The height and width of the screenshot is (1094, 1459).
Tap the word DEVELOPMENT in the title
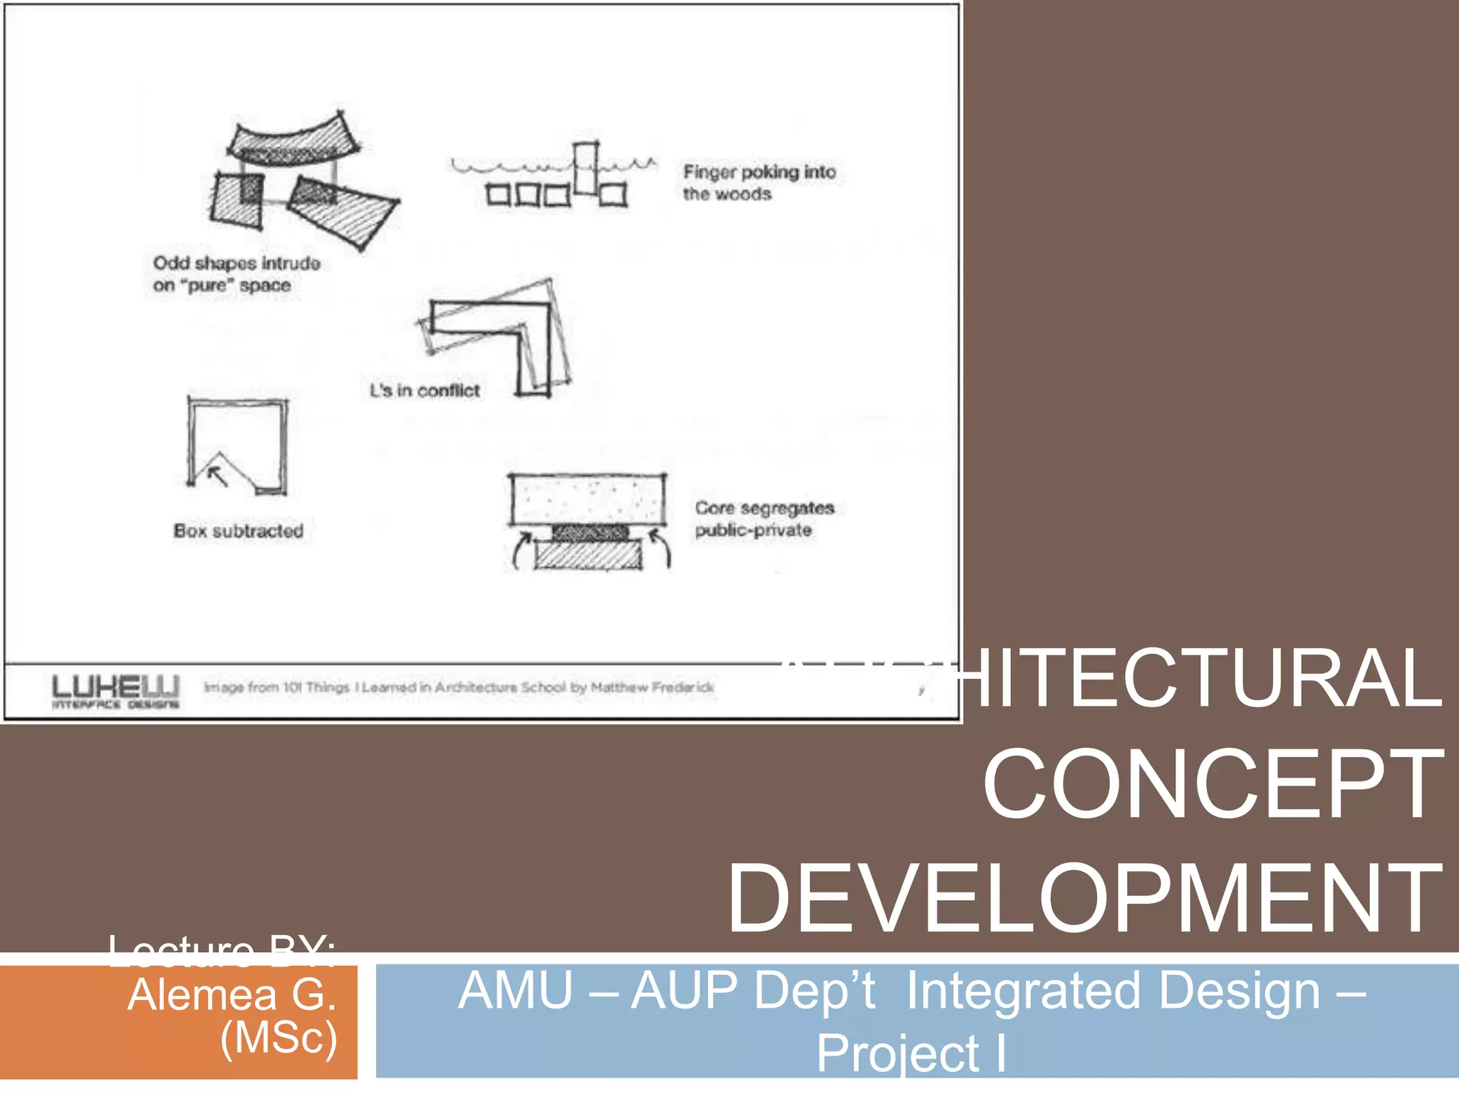click(x=1084, y=898)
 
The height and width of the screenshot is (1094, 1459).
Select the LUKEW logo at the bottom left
click(x=115, y=691)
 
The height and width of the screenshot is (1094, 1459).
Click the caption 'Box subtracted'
click(x=239, y=531)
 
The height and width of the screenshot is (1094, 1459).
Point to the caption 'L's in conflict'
click(x=425, y=390)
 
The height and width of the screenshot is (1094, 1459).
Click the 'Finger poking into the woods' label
click(x=759, y=183)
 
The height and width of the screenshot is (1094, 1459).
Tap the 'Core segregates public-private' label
click(x=764, y=519)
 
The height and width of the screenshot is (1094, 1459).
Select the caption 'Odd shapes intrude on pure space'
click(x=237, y=274)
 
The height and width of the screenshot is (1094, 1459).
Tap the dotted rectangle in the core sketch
click(x=587, y=499)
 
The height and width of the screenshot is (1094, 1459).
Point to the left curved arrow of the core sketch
click(x=521, y=551)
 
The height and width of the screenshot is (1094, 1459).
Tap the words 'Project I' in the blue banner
click(x=911, y=1053)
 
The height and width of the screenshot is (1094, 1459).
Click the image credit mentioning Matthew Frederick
click(x=459, y=687)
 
